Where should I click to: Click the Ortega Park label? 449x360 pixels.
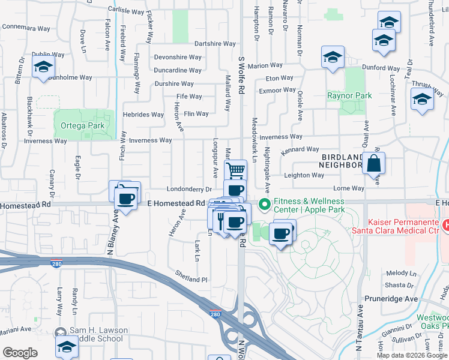(x=82, y=125)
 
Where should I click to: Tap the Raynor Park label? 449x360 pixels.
(x=349, y=95)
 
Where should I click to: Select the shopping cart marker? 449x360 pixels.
(x=235, y=170)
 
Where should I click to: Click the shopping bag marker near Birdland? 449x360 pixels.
(x=373, y=163)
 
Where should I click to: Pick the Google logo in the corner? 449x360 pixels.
(x=20, y=352)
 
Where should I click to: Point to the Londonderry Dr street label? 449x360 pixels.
(x=190, y=189)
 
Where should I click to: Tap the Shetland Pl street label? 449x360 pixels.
(x=191, y=280)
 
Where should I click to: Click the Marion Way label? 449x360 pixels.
(x=264, y=65)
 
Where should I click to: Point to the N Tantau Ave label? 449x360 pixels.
(x=360, y=330)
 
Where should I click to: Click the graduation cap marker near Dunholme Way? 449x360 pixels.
(x=43, y=68)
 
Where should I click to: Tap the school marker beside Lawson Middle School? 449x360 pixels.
(x=67, y=346)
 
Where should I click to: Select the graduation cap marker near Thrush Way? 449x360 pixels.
(x=422, y=99)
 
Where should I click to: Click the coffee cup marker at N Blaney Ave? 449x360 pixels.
(x=125, y=199)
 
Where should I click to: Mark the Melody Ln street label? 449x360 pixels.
(x=402, y=273)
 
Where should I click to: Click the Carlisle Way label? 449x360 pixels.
(x=126, y=10)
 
